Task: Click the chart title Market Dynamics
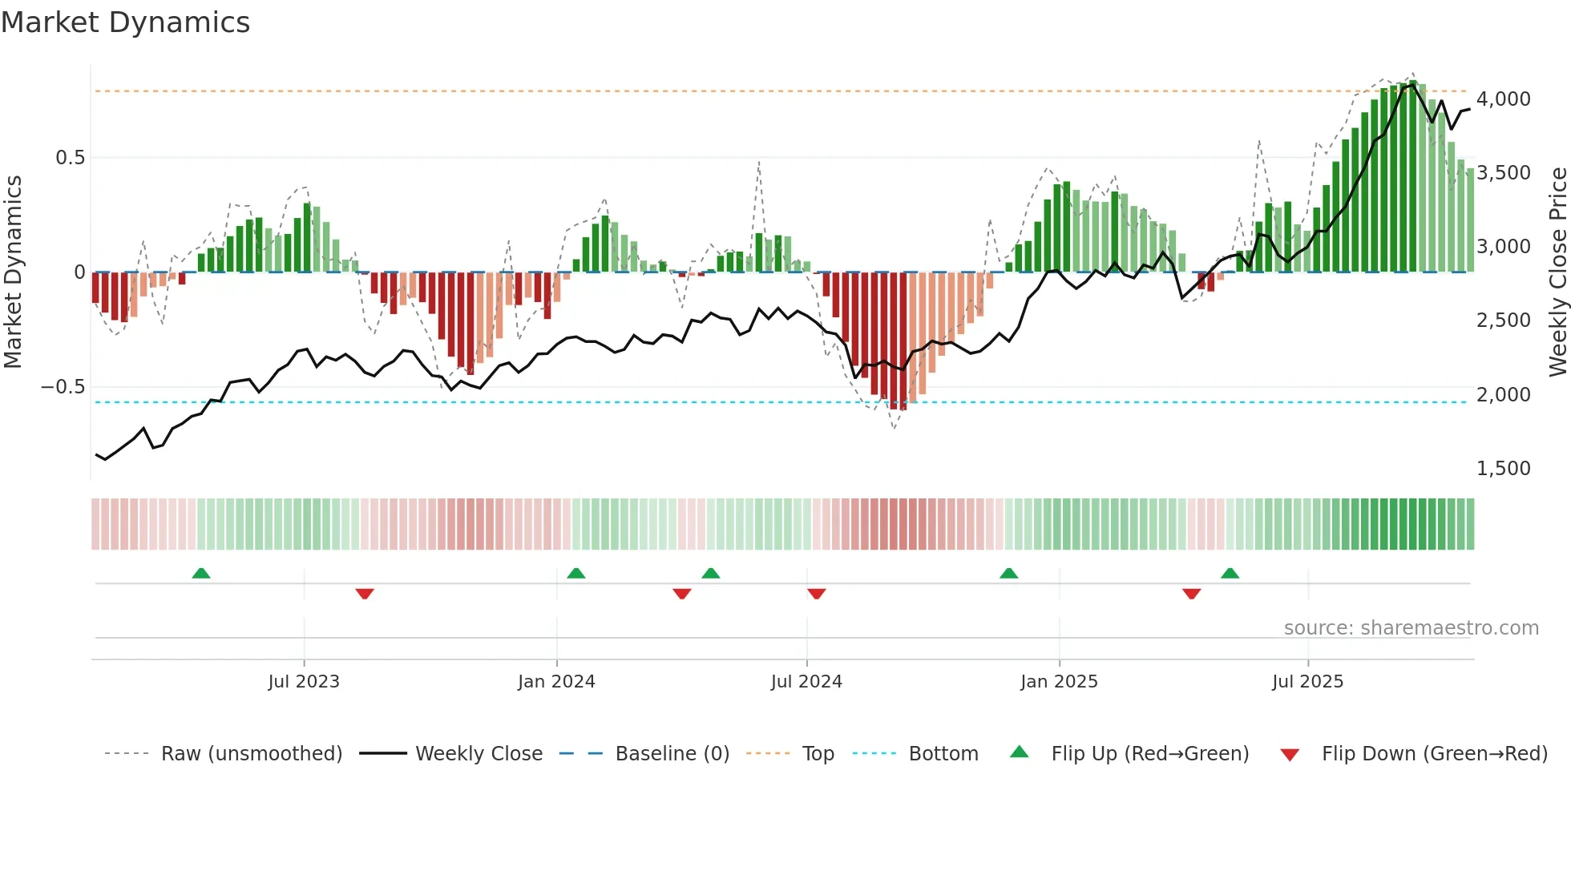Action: click(125, 22)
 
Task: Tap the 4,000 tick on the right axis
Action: click(1503, 99)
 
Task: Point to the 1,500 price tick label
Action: click(1503, 469)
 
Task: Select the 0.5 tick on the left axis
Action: click(71, 158)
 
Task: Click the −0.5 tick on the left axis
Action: click(63, 387)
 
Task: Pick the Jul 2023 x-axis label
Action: click(304, 682)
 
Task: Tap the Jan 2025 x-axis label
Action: click(1059, 682)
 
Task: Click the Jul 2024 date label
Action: click(806, 682)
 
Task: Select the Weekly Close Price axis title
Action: click(1557, 272)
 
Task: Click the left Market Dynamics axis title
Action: click(13, 272)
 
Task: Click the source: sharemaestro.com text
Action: click(1411, 628)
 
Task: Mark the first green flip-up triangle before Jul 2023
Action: click(201, 574)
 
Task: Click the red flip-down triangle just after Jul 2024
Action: click(817, 594)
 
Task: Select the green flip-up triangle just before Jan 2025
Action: click(1009, 574)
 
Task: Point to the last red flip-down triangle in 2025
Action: click(1192, 594)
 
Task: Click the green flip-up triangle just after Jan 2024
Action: click(576, 574)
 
